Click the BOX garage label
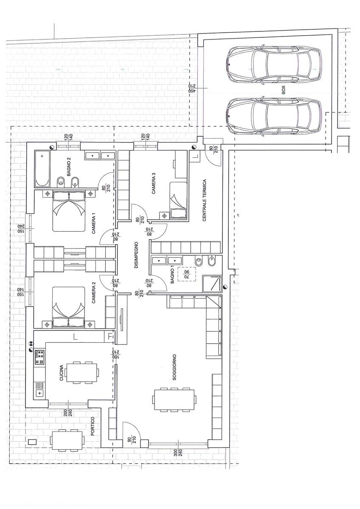pyautogui.click(x=283, y=90)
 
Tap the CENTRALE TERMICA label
pyautogui.click(x=205, y=200)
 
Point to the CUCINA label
pyautogui.click(x=62, y=373)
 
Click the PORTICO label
pyautogui.click(x=92, y=426)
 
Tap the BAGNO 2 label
pyautogui.click(x=69, y=167)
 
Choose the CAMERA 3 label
pyautogui.click(x=154, y=183)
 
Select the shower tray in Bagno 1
pyautogui.click(x=212, y=283)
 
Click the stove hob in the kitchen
pyautogui.click(x=39, y=357)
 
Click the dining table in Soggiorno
pyautogui.click(x=174, y=400)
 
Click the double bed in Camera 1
pyautogui.click(x=69, y=211)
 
